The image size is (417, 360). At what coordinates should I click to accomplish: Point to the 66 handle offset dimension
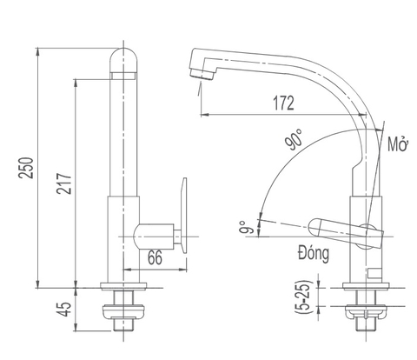point(154,257)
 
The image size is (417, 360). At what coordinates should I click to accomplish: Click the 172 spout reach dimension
point(281,103)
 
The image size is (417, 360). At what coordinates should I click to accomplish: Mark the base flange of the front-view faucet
point(123,289)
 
